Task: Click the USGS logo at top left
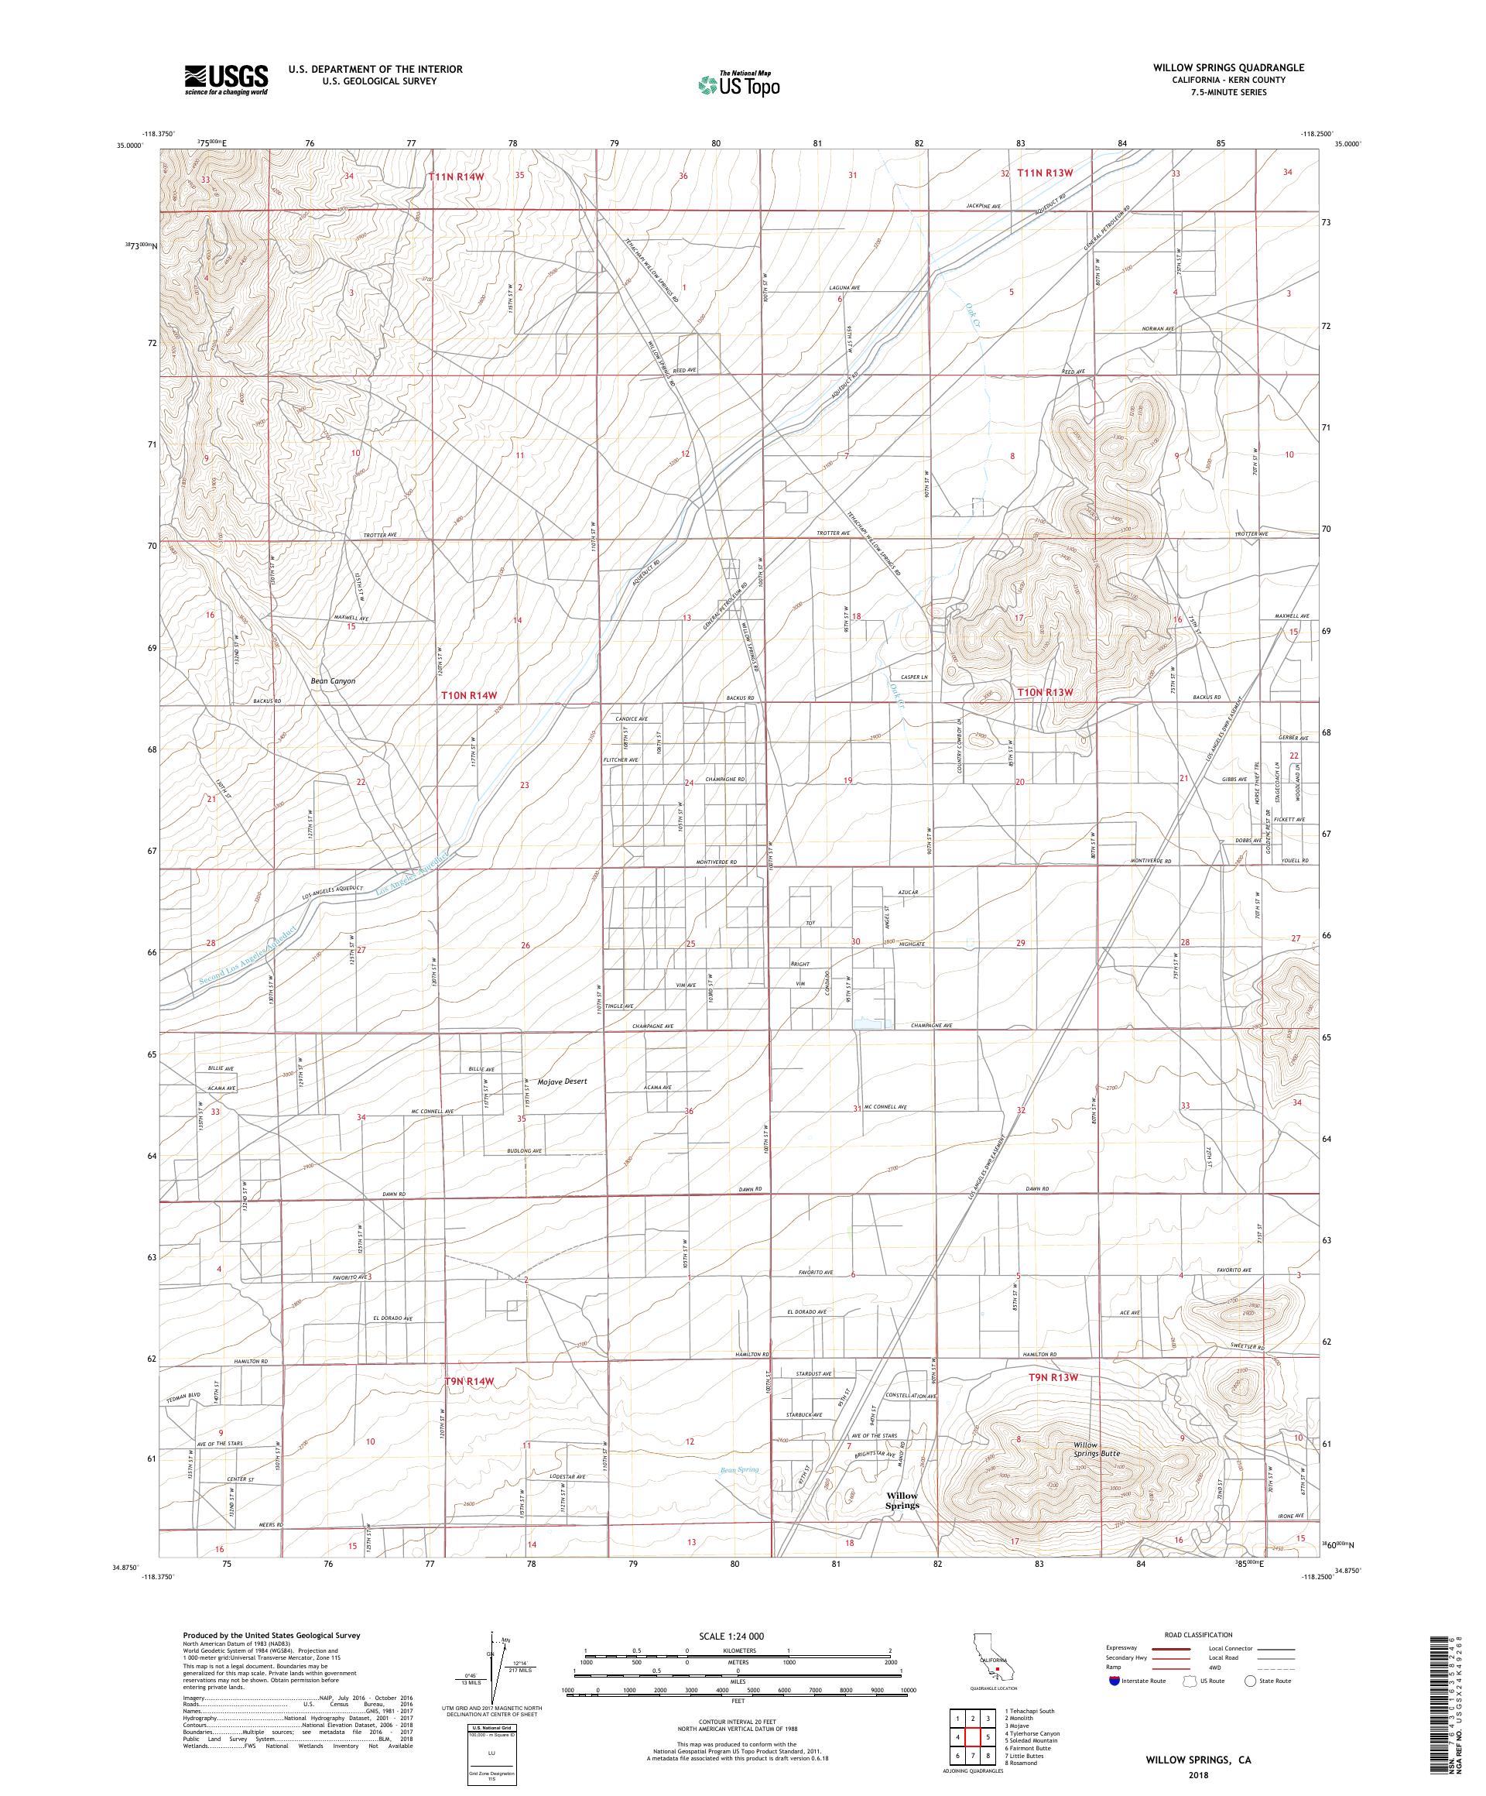[x=226, y=80]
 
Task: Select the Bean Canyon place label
[x=333, y=681]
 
